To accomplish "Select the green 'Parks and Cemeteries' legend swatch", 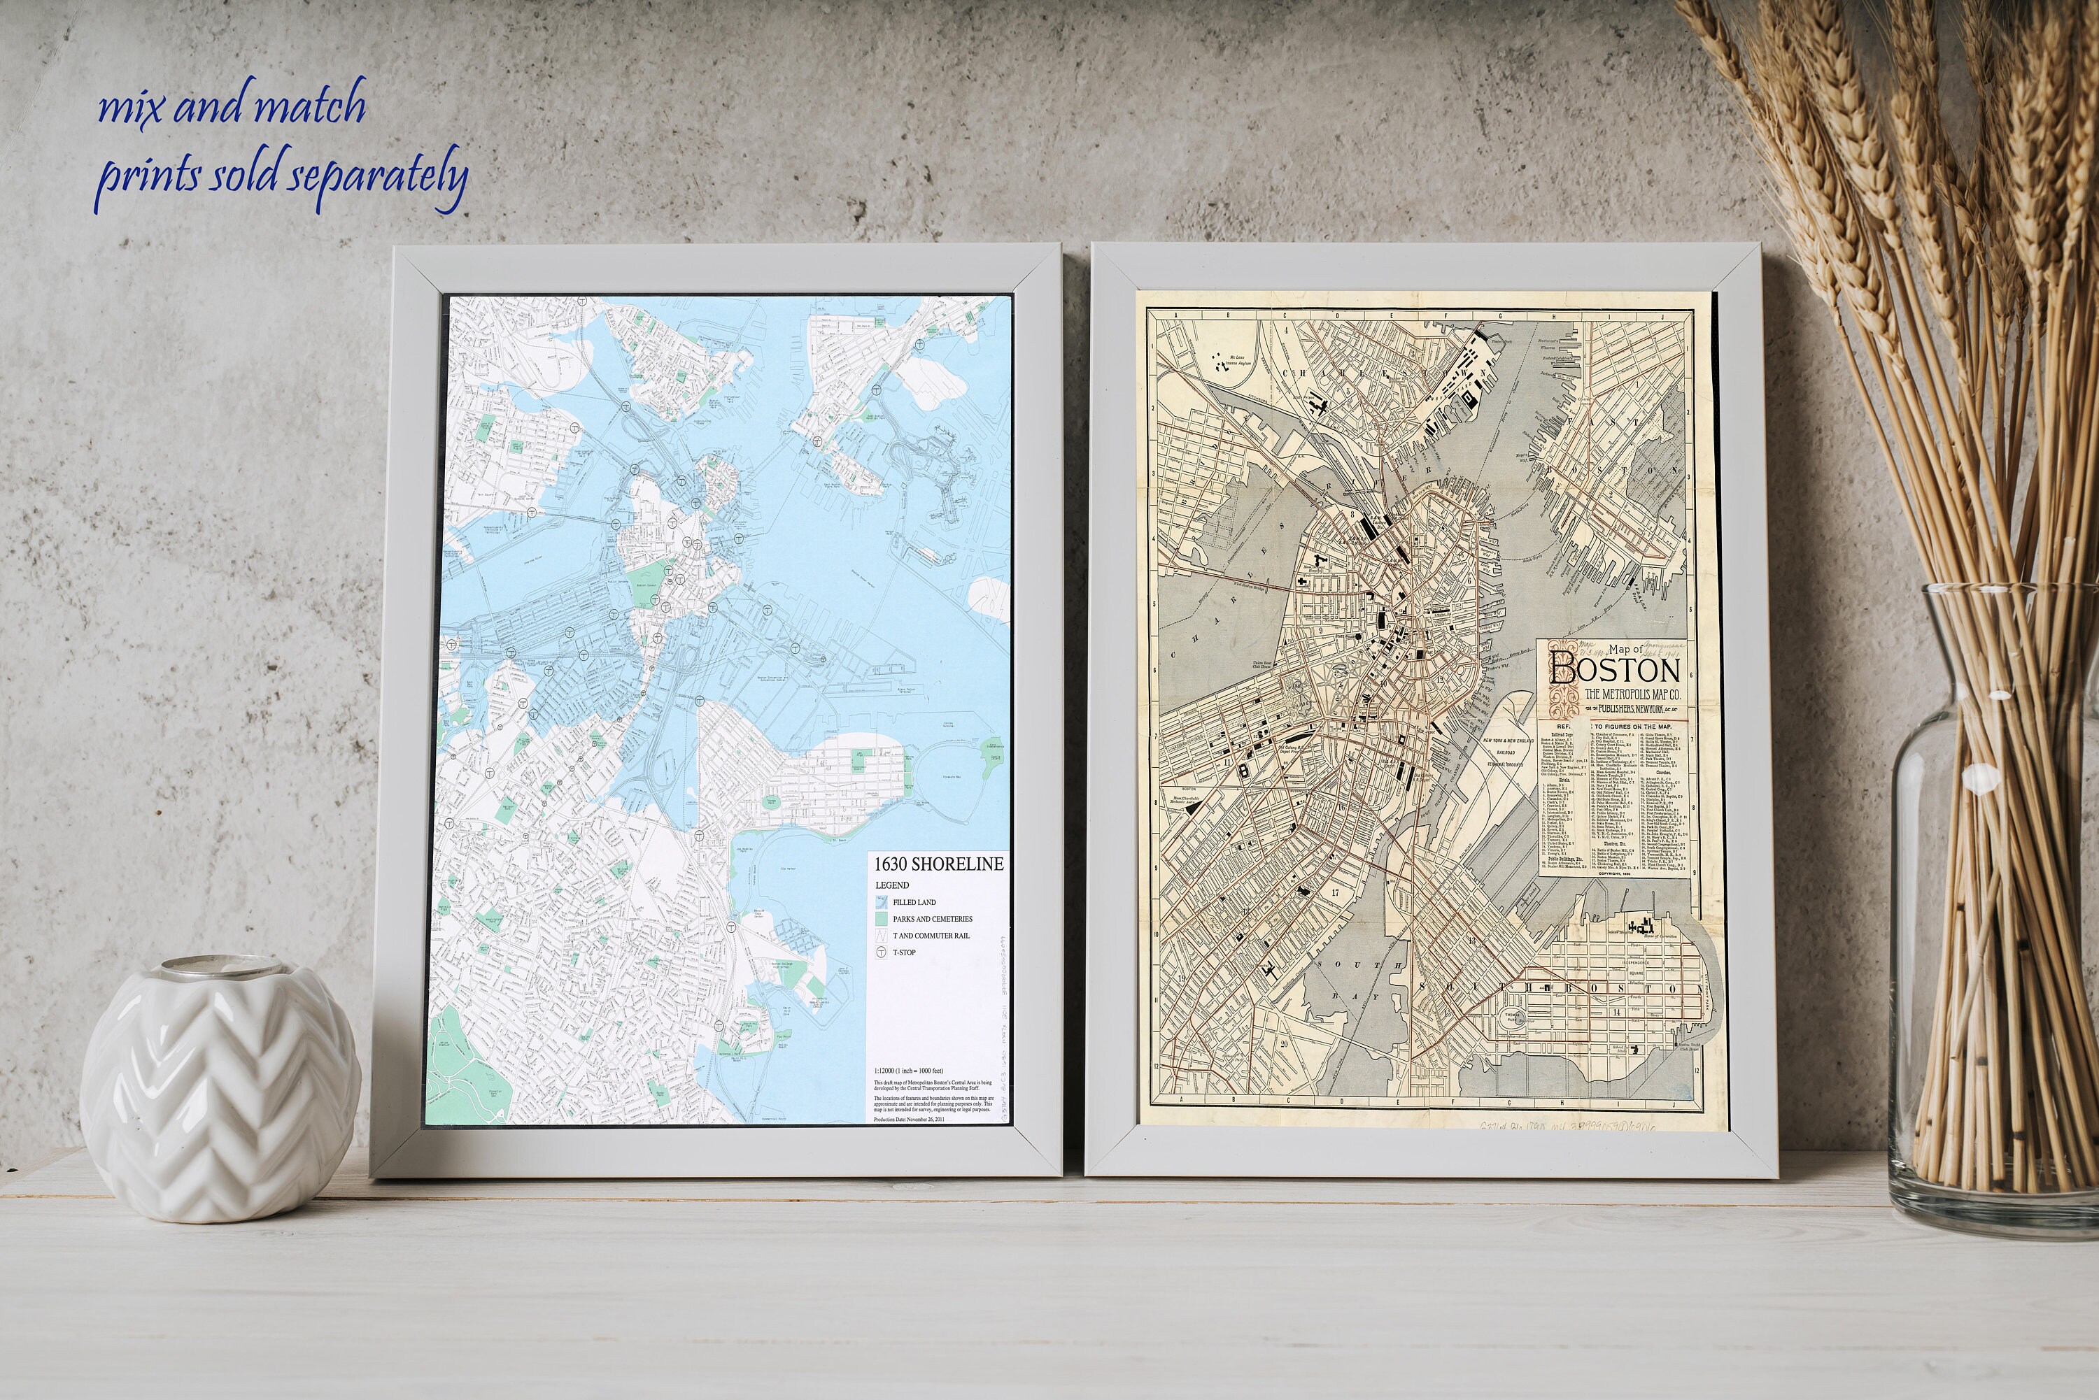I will click(x=882, y=919).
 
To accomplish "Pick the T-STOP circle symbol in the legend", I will click(x=882, y=952).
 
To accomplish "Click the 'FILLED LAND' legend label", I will click(x=914, y=903).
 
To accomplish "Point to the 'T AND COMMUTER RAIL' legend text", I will click(x=931, y=936).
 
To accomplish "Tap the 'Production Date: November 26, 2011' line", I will click(x=910, y=1120).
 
